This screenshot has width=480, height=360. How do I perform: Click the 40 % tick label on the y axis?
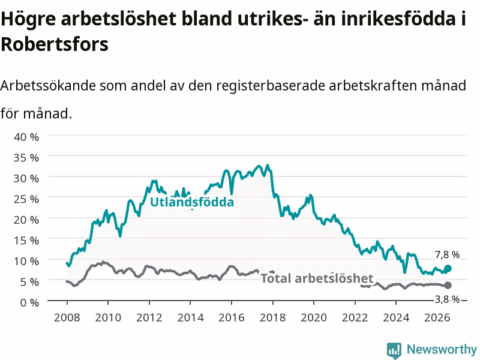point(26,137)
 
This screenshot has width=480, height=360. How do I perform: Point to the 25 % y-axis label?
point(26,199)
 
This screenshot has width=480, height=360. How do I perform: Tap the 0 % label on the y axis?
point(29,302)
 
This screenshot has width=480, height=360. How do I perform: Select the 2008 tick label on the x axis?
point(67,317)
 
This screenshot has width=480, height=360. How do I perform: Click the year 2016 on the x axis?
point(232,317)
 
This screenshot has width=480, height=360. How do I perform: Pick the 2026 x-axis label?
point(437,317)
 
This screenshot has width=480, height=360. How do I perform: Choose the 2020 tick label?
point(314,317)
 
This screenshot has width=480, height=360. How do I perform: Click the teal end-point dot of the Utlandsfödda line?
point(448,268)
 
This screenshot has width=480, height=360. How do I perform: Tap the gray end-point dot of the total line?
point(448,286)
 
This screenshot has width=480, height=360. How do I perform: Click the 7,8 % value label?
point(447,254)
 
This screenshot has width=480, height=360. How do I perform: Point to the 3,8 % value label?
point(447,299)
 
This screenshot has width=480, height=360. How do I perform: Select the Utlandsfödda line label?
point(192,202)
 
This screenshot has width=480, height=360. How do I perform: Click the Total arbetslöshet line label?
point(317,278)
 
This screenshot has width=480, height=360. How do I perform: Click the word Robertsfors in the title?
point(55,44)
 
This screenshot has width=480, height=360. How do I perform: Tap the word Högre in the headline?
point(28,19)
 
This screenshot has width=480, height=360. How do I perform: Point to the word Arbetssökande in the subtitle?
point(48,85)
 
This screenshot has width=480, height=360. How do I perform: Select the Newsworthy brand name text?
point(442,349)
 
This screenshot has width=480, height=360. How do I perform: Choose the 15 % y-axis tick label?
point(26,241)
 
